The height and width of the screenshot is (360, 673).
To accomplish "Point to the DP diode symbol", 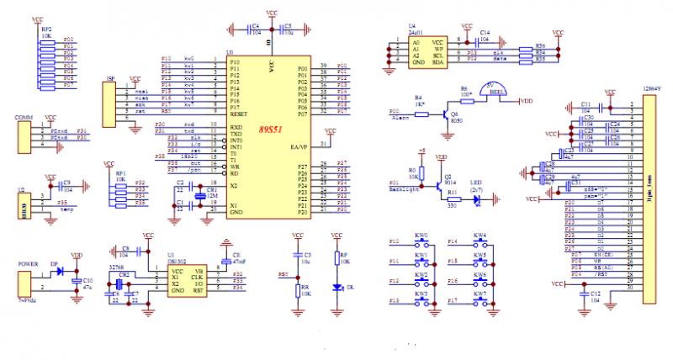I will (57, 273).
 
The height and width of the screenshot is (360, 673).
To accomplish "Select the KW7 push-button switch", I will (480, 301).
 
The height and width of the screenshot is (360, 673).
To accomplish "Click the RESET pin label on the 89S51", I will (238, 114).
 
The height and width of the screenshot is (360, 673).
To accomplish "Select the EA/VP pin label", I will (298, 147).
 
